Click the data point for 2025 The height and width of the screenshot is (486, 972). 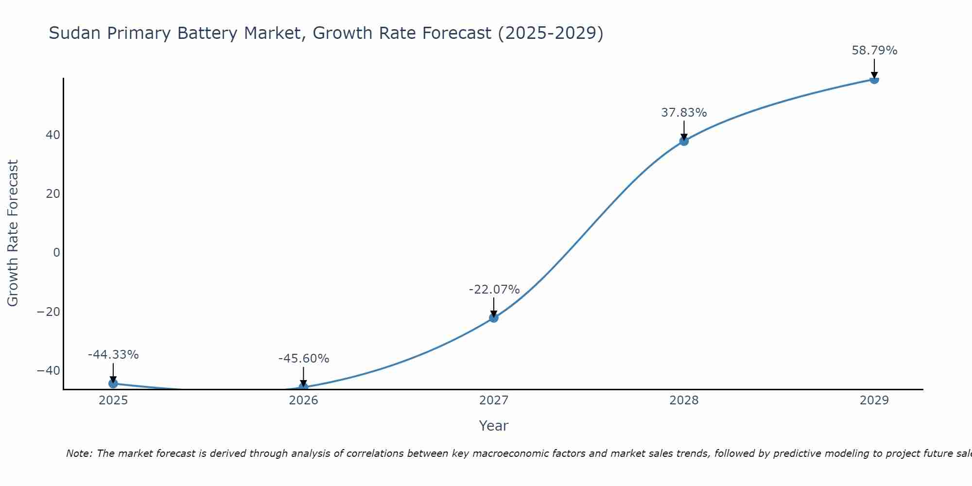tap(113, 383)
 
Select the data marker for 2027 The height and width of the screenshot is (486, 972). tap(493, 318)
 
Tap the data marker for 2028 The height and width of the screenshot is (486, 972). tap(684, 141)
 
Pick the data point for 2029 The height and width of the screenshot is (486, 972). tap(874, 80)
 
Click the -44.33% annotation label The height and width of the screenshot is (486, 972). tap(113, 355)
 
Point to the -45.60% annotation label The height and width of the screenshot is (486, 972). tap(304, 359)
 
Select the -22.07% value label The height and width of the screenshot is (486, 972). tap(494, 290)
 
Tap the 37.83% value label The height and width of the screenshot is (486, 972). tap(684, 113)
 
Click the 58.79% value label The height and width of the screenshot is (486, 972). tap(874, 51)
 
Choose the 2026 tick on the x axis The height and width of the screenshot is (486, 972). tap(303, 400)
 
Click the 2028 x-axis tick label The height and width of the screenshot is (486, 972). tap(684, 400)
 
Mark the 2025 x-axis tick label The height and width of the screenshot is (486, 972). tap(113, 400)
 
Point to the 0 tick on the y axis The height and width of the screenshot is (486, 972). tap(57, 253)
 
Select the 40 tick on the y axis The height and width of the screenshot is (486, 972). tap(53, 135)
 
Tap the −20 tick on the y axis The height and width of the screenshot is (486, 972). tap(49, 312)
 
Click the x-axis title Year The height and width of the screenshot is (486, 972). tap(493, 426)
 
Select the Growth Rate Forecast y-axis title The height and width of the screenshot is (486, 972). tap(13, 233)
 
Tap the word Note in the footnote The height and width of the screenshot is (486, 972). tap(78, 453)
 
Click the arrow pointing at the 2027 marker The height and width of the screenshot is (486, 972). tap(493, 307)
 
